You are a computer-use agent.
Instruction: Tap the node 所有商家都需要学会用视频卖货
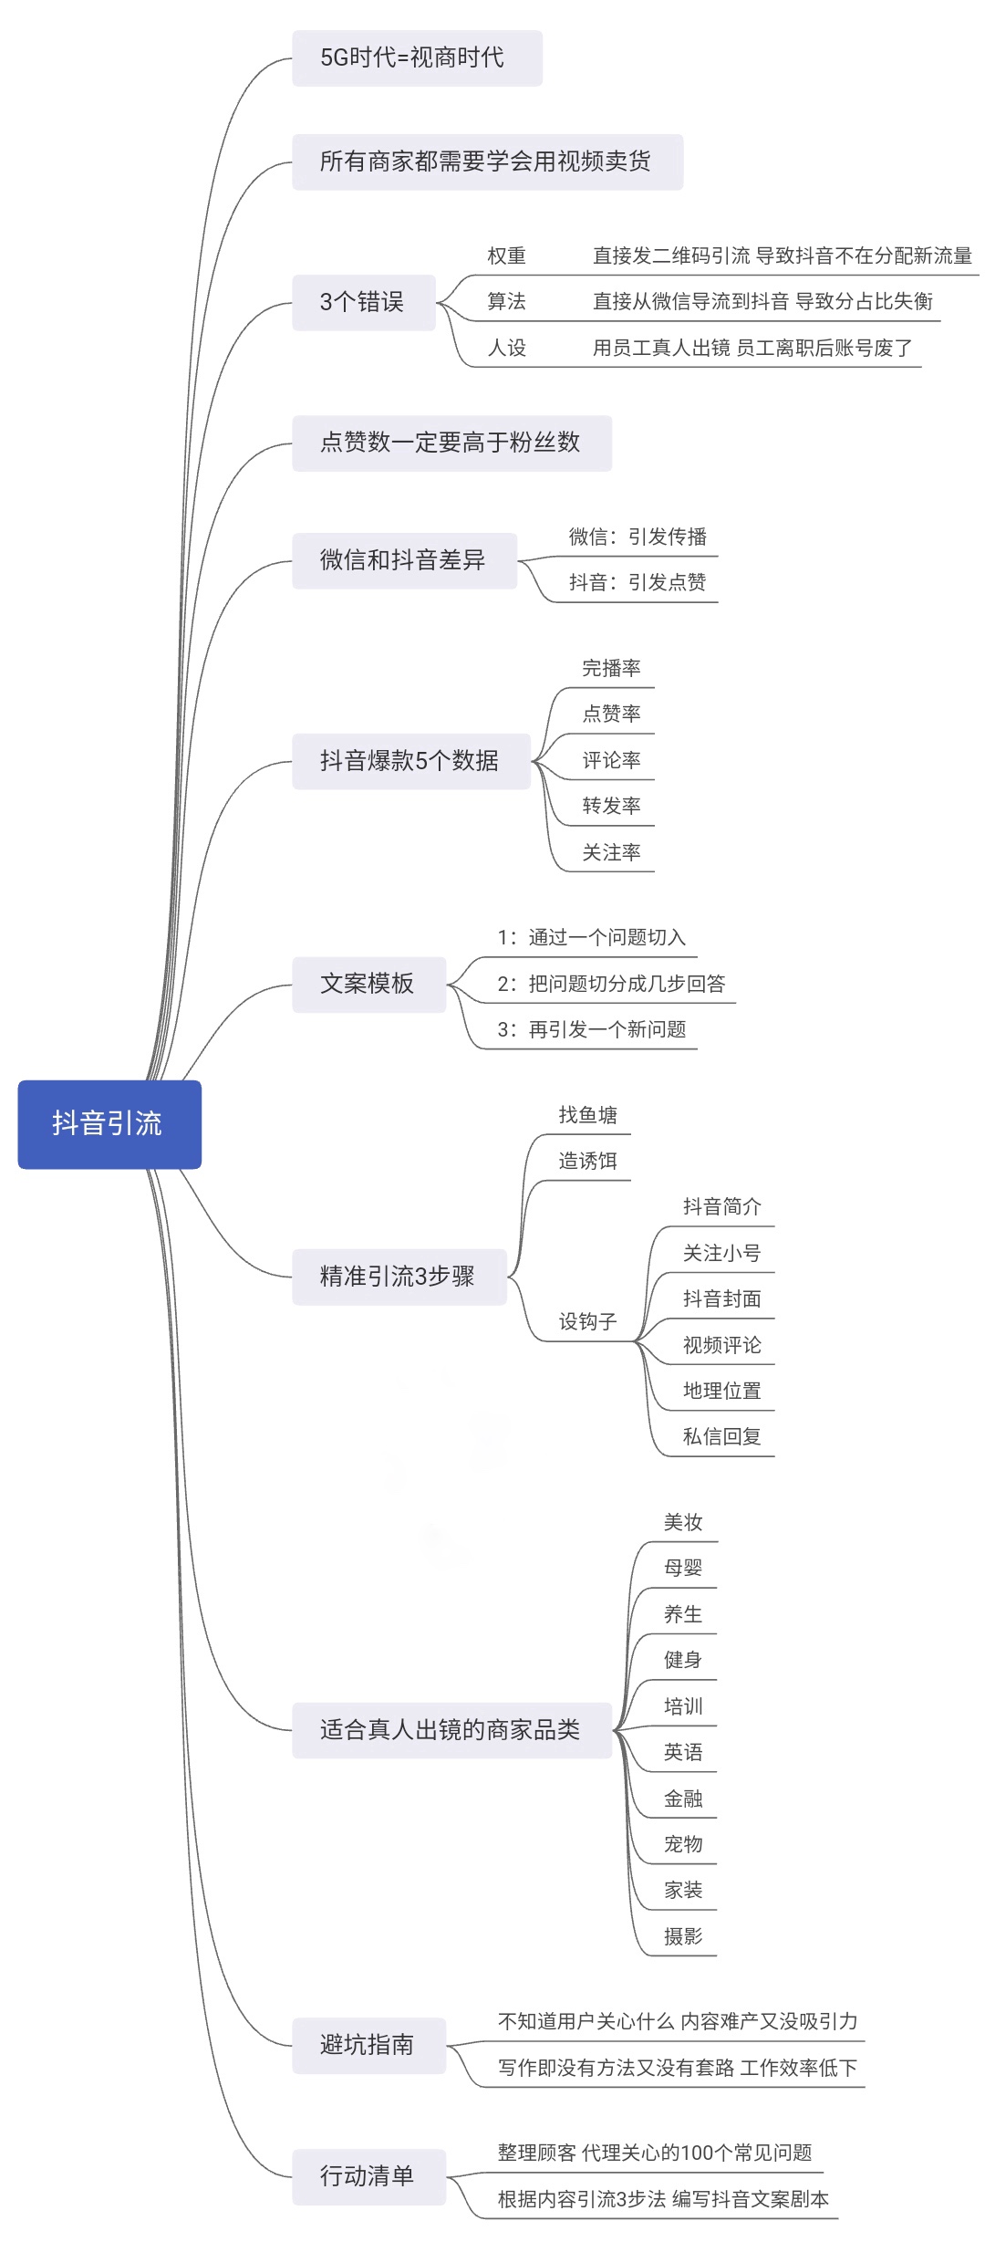(487, 162)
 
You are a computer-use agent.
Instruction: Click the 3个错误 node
(363, 302)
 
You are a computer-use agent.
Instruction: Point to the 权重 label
(506, 256)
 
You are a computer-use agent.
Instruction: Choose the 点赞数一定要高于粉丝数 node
(451, 443)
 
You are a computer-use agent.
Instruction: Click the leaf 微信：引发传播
(638, 537)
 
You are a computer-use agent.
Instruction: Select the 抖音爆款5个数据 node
(410, 761)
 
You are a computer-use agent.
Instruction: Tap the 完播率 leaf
(611, 668)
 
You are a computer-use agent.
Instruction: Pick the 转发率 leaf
(611, 806)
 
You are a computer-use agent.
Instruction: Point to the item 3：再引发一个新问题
(592, 1030)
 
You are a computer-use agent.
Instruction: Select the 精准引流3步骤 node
(399, 1276)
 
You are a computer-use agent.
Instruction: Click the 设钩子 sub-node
(587, 1321)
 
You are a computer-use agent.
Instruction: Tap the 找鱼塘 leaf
(587, 1115)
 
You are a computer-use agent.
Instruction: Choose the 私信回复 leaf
(721, 1436)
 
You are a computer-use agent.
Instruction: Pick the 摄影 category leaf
(683, 1935)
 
